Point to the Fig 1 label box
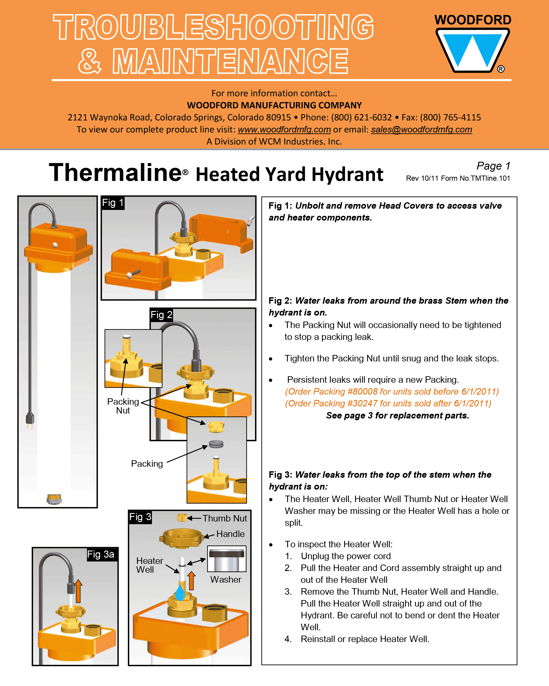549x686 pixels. [113, 203]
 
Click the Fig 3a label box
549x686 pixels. [101, 554]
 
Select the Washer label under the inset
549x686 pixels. [225, 579]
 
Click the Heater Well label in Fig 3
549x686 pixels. [149, 565]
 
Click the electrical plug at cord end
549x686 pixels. [30, 420]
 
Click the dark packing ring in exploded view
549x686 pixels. [216, 444]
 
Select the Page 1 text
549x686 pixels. [493, 166]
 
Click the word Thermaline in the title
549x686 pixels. [115, 173]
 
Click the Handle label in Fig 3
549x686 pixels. [230, 534]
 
